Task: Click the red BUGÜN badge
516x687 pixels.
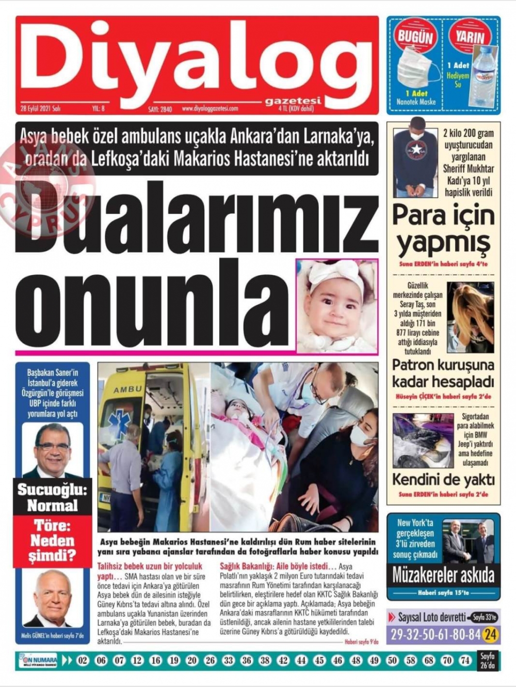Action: tap(415, 37)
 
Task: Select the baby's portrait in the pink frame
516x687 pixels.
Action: tap(336, 306)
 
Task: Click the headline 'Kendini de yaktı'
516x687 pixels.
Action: tap(443, 479)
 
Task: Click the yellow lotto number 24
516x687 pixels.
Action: tap(490, 634)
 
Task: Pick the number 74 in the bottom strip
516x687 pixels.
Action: tap(465, 660)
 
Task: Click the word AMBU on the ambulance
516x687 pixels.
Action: tap(127, 389)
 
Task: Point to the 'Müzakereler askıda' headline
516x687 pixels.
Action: tap(443, 575)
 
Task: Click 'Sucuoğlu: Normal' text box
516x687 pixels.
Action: tap(52, 497)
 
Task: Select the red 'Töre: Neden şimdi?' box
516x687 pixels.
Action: tap(52, 540)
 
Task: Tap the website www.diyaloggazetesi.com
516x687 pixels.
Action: tap(208, 108)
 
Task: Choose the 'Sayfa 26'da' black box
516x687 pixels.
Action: tap(488, 661)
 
